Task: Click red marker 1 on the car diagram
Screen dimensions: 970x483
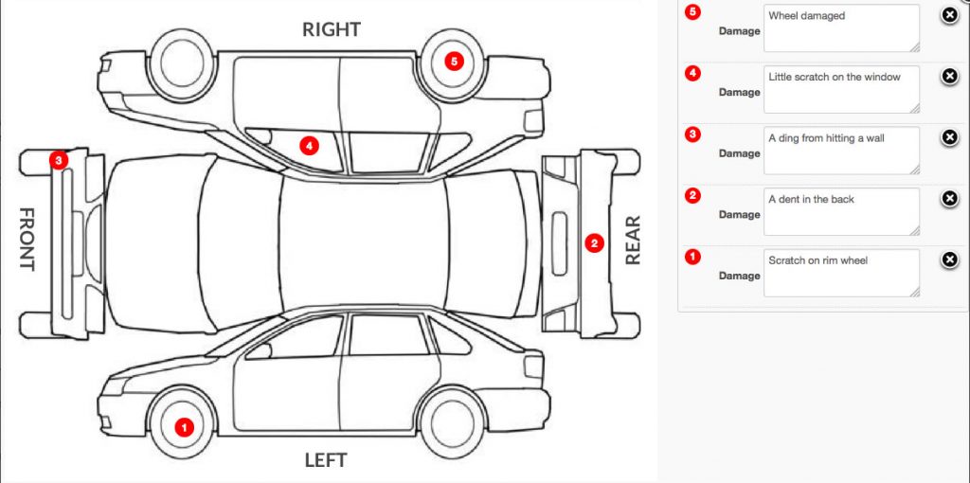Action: (x=184, y=427)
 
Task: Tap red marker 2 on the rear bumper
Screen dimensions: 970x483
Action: (x=595, y=243)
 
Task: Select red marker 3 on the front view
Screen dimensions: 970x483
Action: (x=58, y=160)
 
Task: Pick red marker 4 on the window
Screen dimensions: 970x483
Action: (x=310, y=146)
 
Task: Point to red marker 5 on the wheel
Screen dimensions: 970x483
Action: (x=455, y=62)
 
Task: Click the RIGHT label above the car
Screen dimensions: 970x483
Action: (x=332, y=29)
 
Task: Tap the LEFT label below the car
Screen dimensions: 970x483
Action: (x=326, y=460)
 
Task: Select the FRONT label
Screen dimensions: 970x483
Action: (x=26, y=239)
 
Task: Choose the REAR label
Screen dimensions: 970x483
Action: (x=632, y=240)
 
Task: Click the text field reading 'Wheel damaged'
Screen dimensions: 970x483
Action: (x=841, y=28)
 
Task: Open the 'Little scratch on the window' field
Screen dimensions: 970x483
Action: (x=841, y=90)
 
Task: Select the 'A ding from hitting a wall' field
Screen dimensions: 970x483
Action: (x=841, y=151)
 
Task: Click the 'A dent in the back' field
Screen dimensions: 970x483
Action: (x=841, y=212)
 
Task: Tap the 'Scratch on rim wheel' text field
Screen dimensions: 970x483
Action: (x=841, y=274)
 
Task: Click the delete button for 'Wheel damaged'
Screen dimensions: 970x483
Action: (x=949, y=15)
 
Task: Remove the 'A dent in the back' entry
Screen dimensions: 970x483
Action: (x=949, y=199)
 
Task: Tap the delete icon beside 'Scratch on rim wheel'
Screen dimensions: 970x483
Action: (x=949, y=259)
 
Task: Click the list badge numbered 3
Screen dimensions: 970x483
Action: (x=692, y=134)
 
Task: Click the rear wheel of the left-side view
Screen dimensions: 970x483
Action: (x=451, y=421)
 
